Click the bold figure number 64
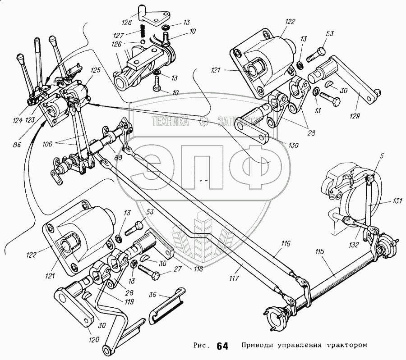point(222,346)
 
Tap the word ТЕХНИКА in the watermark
point(171,121)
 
